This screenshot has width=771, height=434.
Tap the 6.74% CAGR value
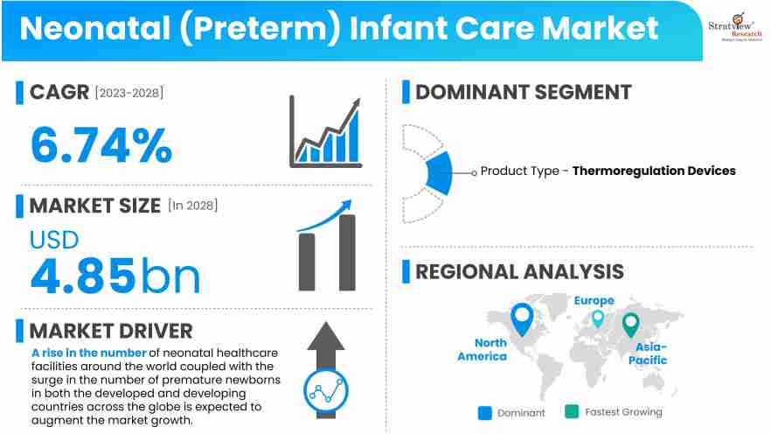click(x=101, y=144)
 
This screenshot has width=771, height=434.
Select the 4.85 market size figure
click(x=84, y=274)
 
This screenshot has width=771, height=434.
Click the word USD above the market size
click(x=54, y=239)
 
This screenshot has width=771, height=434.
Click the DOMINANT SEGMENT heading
click(x=523, y=92)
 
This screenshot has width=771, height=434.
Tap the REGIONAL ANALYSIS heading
click(x=519, y=271)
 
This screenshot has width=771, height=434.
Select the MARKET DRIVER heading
click(x=111, y=331)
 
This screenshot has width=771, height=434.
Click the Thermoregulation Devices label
click(x=654, y=171)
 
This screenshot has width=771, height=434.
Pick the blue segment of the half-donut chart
click(x=439, y=172)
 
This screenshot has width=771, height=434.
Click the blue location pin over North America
click(x=522, y=319)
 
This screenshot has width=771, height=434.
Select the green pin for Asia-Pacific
click(x=630, y=325)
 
